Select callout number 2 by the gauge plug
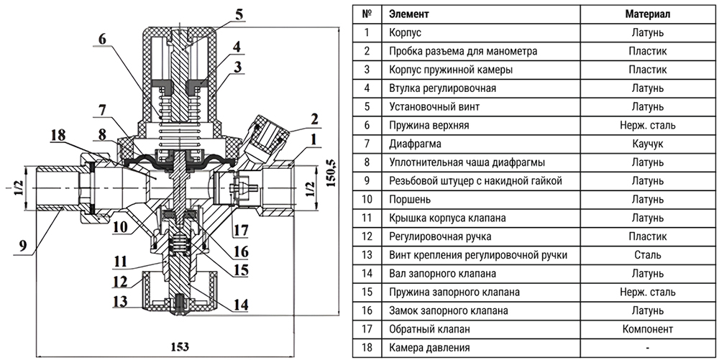[313, 119]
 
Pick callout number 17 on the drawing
[242, 231]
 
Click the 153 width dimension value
[179, 347]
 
